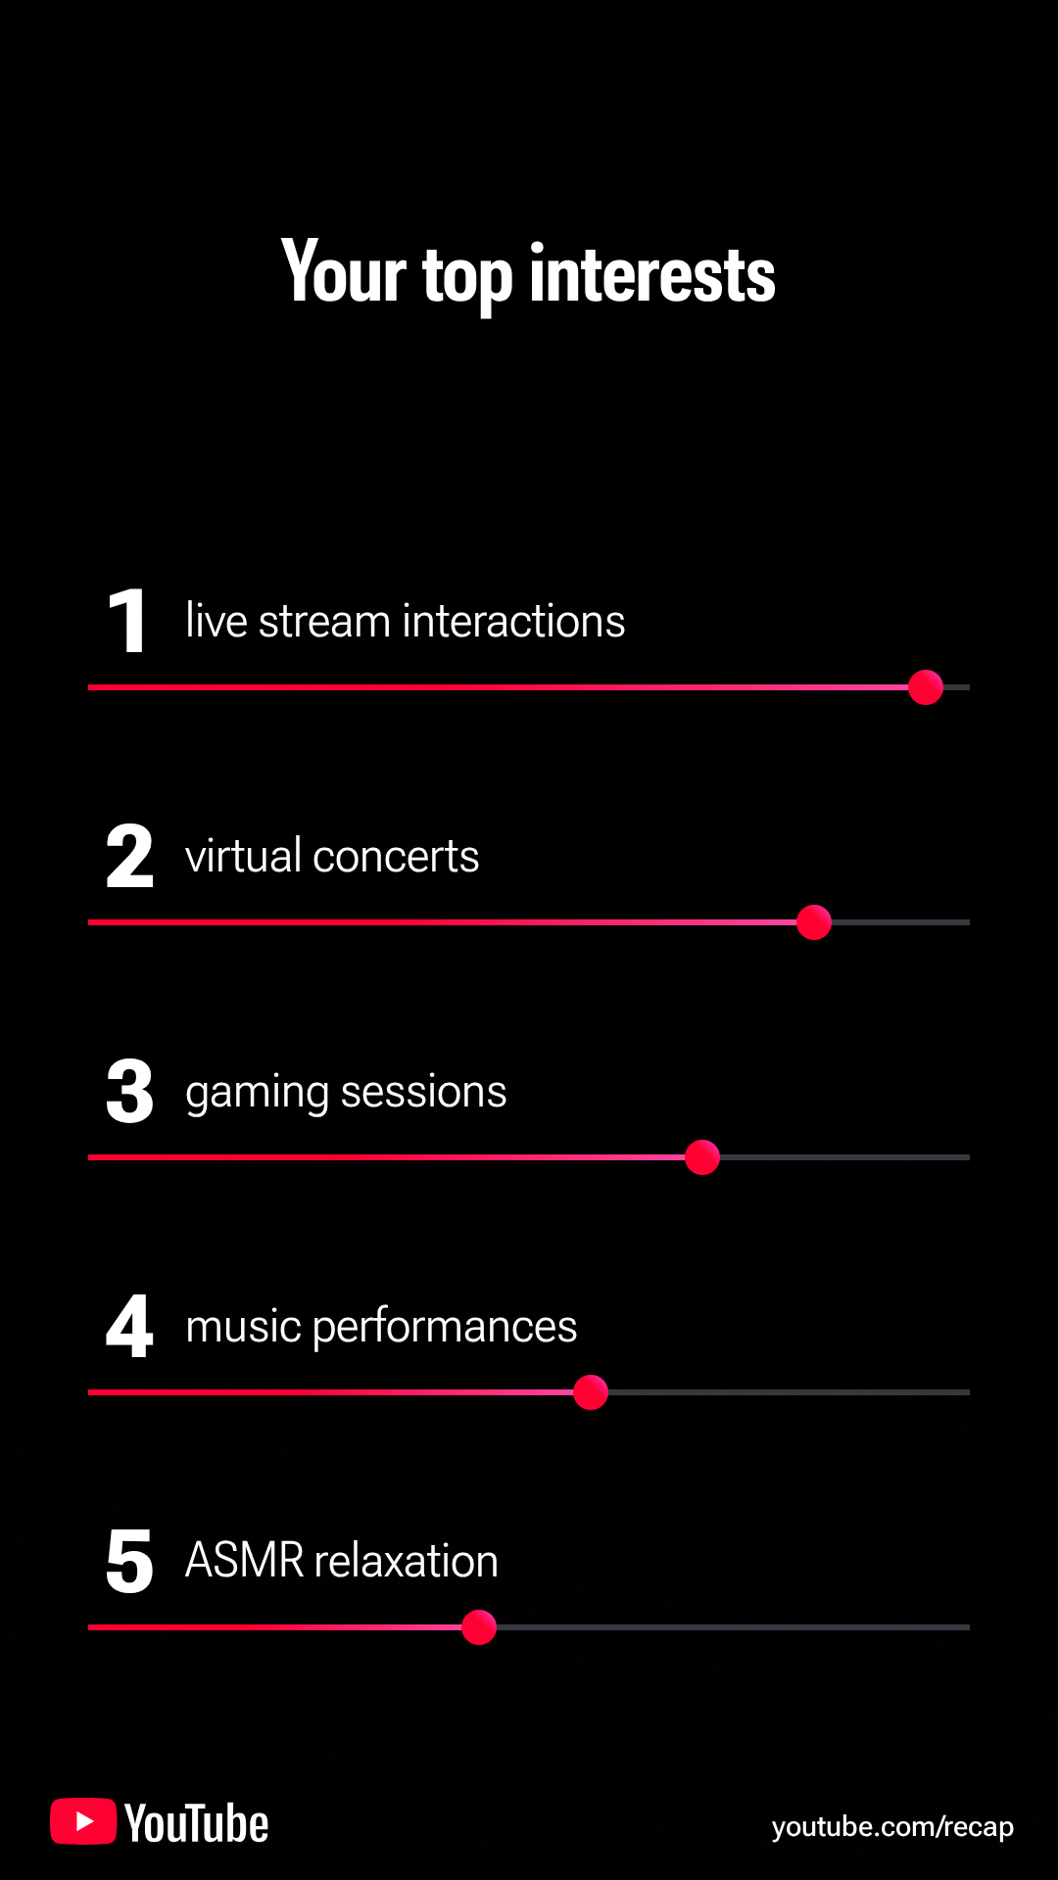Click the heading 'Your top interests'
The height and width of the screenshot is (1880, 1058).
click(x=528, y=274)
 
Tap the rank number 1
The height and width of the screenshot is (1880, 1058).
click(x=128, y=621)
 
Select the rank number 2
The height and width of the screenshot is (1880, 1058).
click(x=130, y=856)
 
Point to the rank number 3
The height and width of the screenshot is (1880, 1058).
click(x=130, y=1091)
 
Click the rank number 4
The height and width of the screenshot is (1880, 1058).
click(x=130, y=1326)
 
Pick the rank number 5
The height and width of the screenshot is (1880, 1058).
click(x=130, y=1561)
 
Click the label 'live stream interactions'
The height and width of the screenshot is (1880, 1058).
click(x=406, y=621)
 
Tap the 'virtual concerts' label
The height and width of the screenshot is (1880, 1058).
click(x=332, y=856)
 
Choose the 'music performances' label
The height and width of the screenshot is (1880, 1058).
click(x=381, y=1327)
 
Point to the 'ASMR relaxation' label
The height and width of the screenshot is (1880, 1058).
click(x=342, y=1561)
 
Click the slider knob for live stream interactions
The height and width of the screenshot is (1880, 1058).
click(x=926, y=687)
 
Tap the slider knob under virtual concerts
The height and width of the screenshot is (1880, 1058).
click(x=814, y=922)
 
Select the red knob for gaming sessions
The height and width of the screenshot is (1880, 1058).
click(x=702, y=1157)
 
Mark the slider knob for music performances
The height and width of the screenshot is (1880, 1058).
click(x=591, y=1392)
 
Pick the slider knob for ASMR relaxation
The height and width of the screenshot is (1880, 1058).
click(x=479, y=1627)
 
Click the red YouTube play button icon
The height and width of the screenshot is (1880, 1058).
click(x=83, y=1821)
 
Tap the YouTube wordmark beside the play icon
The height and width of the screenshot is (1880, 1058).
click(x=197, y=1823)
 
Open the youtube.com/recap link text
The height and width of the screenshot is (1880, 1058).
click(x=892, y=1827)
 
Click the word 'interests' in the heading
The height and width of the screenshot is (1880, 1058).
click(x=652, y=274)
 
